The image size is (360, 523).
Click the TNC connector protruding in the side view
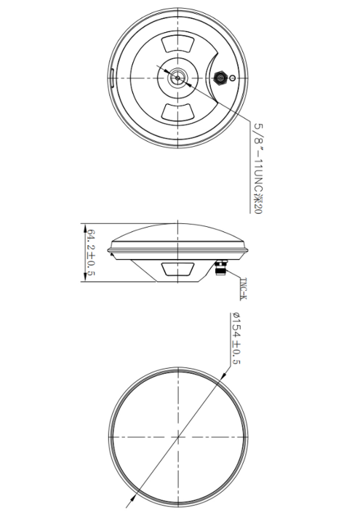[221, 270]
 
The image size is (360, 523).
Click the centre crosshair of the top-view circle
[178, 437]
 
